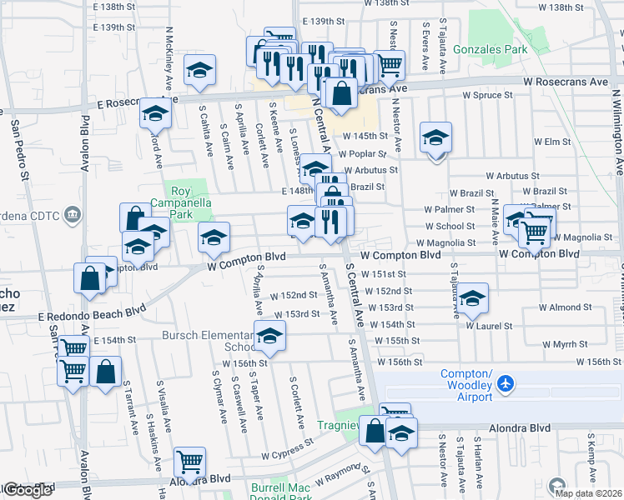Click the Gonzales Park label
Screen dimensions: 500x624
[491, 50]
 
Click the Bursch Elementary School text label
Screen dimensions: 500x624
[210, 341]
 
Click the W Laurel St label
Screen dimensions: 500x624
[489, 327]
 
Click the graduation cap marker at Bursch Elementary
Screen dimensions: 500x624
[269, 335]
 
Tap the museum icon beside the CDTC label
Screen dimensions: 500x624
[72, 216]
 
